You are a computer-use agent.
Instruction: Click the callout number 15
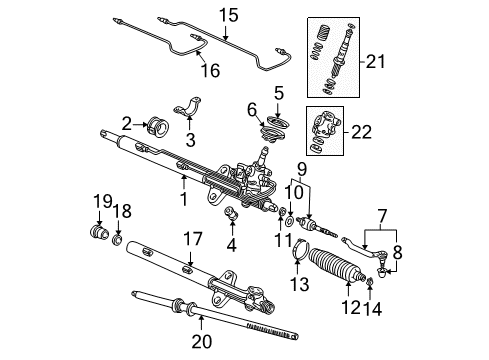[x=228, y=16]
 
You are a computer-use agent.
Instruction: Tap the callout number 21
[x=375, y=61]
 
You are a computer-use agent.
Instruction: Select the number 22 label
[x=361, y=132]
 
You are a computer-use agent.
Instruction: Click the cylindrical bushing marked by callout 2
[x=159, y=126]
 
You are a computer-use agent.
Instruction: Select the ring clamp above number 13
[x=299, y=249]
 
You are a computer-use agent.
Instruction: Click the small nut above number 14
[x=370, y=282]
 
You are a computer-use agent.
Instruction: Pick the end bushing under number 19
[x=99, y=232]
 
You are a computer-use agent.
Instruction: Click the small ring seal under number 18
[x=117, y=240]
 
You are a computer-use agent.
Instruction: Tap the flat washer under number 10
[x=290, y=221]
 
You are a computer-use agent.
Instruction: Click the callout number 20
[x=202, y=341]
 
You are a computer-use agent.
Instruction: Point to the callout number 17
[x=193, y=239]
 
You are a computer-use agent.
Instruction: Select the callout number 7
[x=382, y=216]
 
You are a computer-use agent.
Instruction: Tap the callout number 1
[x=184, y=199]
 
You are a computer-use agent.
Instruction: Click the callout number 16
[x=211, y=71]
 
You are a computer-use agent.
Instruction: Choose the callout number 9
[x=302, y=169]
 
